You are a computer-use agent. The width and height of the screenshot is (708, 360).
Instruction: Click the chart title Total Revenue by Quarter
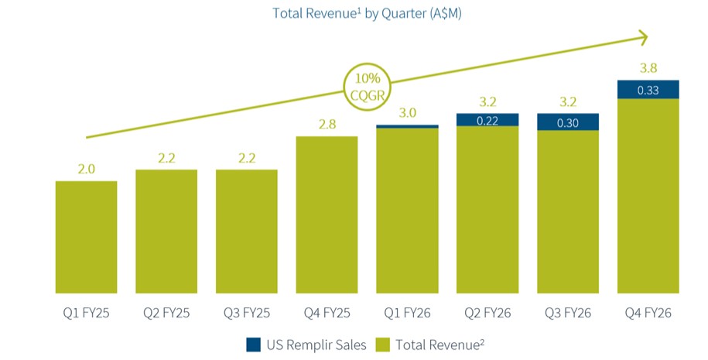[x=367, y=13]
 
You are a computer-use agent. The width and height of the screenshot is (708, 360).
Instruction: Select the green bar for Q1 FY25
[x=86, y=237]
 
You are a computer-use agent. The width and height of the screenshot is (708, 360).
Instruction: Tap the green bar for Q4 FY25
[x=327, y=214]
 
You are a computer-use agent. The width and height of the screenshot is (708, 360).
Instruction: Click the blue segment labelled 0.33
[x=648, y=90]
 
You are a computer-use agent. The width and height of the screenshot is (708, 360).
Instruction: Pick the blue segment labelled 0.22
[x=487, y=120]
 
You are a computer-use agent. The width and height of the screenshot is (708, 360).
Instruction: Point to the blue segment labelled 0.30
[x=568, y=122]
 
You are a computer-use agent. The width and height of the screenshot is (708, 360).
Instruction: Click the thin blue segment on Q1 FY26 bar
[x=407, y=126]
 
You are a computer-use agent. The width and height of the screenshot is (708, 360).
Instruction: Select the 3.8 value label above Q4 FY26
[x=648, y=68]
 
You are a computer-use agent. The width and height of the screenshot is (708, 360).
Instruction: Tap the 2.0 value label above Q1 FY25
[x=86, y=169]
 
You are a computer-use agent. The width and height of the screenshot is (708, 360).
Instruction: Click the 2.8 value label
[x=327, y=124]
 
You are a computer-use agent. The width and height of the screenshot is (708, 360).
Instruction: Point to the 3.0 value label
[x=407, y=112]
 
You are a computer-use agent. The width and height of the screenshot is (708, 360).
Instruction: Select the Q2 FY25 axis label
[x=166, y=313]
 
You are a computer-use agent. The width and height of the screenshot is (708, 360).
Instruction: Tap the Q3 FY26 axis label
[x=568, y=313]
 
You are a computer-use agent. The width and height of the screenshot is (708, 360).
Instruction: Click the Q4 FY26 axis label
[x=648, y=313]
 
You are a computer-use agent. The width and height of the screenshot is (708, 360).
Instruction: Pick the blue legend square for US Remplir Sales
[x=253, y=345]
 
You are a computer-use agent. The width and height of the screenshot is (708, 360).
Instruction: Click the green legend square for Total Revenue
[x=382, y=345]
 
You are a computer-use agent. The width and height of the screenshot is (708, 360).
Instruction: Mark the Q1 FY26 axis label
[x=407, y=313]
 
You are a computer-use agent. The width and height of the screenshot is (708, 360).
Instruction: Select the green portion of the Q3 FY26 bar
[x=568, y=212]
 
